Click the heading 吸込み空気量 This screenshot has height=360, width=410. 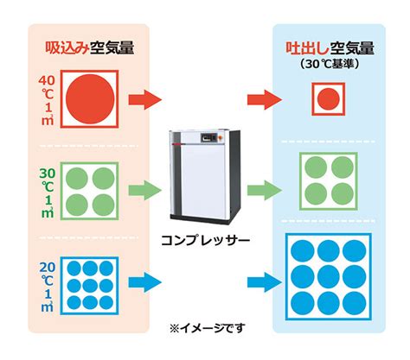pos(90,47)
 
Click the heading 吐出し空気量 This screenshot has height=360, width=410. pos(330,48)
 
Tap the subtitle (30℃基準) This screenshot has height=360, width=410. pos(330,64)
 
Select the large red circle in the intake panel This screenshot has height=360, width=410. pos(90,99)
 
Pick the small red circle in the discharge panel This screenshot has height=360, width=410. pos(329,99)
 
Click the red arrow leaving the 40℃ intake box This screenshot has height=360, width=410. pos(145,99)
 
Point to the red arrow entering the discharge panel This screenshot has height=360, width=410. pos(265,99)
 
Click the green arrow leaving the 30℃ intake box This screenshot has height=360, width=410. pos(145,190)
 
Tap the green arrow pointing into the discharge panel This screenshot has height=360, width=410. pos(265,190)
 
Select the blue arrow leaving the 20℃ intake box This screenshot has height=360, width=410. pos(145,282)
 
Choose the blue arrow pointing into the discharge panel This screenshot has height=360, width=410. pos(265,282)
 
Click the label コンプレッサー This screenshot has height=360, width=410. pos(205,241)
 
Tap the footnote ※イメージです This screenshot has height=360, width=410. pos(207,328)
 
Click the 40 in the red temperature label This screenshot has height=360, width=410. pos(47,80)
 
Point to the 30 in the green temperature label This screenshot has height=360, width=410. pos(48,174)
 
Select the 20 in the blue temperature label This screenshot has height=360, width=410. pos(48,268)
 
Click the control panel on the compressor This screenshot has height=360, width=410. pos(208,137)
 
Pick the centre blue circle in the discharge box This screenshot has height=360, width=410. pos(329,277)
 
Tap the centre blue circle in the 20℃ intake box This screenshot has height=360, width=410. pos(90,286)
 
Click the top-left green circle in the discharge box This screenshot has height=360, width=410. pos(316,167)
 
